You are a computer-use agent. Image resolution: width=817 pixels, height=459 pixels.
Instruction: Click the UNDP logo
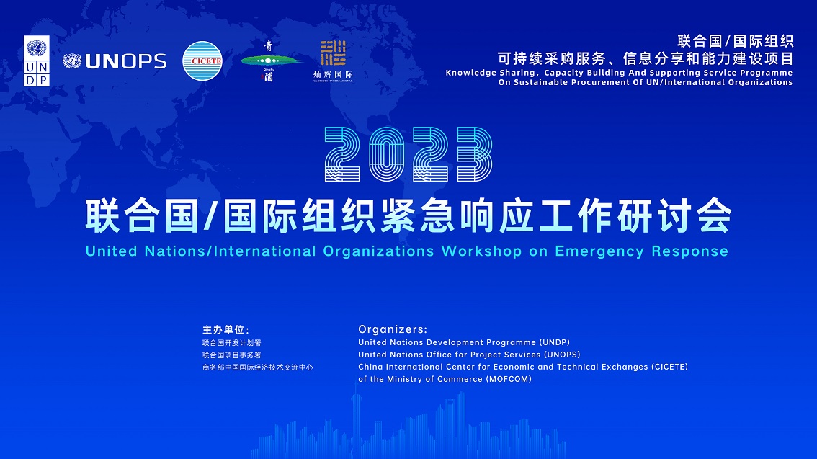[37, 61]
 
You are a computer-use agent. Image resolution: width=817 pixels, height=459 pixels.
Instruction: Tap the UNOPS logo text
[125, 61]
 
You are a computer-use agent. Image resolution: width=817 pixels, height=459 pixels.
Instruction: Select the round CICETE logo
[202, 61]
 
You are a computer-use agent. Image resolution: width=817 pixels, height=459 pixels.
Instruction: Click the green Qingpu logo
[269, 61]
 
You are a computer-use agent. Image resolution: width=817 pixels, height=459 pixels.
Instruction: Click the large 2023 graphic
[408, 154]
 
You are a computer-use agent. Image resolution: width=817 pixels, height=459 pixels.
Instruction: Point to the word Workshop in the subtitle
[481, 251]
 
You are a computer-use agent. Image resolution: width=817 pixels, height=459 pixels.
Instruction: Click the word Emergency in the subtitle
[599, 251]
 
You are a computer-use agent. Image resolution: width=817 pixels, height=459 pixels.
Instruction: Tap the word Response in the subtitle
[690, 251]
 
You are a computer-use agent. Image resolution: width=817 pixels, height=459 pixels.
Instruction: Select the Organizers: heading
[393, 329]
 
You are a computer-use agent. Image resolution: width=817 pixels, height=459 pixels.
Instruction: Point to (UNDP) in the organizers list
[555, 342]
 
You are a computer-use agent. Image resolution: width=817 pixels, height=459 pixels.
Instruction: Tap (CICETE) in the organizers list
[669, 367]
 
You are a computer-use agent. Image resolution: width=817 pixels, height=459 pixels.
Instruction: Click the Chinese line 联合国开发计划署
[232, 343]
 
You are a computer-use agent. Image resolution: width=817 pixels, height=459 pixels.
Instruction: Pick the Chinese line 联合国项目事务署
[232, 355]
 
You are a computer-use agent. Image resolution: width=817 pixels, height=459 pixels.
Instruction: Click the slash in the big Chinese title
[210, 215]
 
